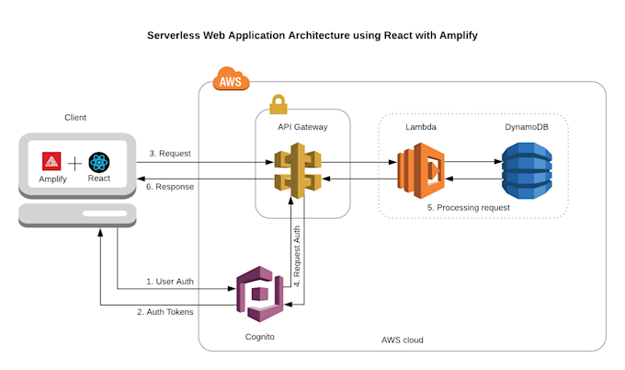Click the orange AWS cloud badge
coord(231,81)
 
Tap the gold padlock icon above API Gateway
coord(278,104)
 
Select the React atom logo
coord(99,162)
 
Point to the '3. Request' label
coord(170,154)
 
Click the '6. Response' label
coord(172,184)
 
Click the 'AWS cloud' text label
coord(402,341)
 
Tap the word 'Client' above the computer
coord(75,117)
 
